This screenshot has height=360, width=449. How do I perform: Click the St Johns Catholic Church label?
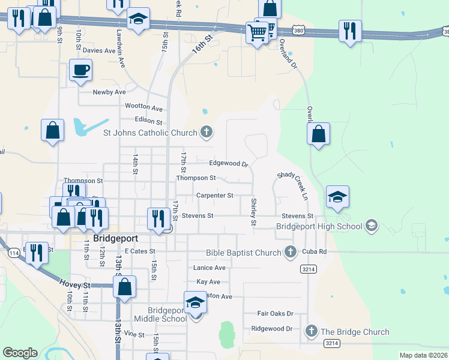click(x=151, y=133)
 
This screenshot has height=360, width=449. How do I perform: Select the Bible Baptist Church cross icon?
click(x=291, y=252)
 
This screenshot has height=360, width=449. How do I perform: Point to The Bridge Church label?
click(x=355, y=332)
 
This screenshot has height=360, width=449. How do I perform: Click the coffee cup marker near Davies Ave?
click(x=80, y=71)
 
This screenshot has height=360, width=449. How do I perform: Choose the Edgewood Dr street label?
click(x=228, y=163)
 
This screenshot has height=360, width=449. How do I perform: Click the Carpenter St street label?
click(x=214, y=196)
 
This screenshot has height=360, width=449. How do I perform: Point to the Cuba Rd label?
click(x=315, y=252)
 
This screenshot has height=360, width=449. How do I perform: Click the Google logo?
click(x=20, y=353)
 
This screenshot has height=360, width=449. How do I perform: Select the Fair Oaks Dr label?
click(x=275, y=313)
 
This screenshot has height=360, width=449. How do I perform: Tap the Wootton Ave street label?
click(x=143, y=107)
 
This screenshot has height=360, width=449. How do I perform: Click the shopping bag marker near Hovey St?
click(x=125, y=287)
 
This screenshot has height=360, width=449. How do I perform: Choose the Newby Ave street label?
click(x=109, y=92)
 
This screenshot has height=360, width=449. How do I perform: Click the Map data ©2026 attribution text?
click(x=423, y=355)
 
